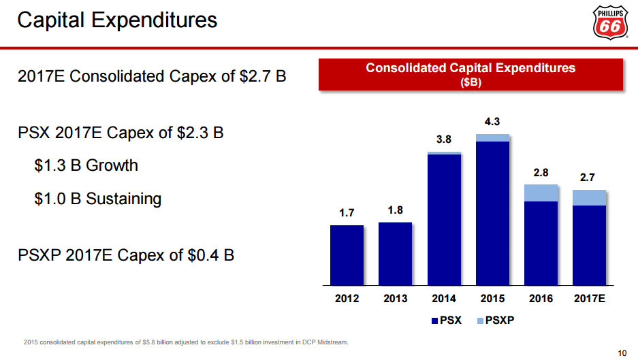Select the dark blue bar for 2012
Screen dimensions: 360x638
tap(347, 255)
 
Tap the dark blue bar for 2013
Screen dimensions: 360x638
tap(395, 254)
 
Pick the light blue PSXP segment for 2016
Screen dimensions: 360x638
tap(541, 193)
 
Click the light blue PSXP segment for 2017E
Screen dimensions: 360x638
tap(589, 197)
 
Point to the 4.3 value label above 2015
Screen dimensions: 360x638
tap(492, 122)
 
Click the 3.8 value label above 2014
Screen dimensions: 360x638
tap(444, 139)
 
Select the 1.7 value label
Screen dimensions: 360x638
tap(347, 213)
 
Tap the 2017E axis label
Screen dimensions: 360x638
tap(589, 299)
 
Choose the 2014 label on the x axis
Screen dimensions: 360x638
tap(444, 299)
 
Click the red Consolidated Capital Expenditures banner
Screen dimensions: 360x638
tap(470, 73)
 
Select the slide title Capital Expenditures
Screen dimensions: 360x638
tap(117, 20)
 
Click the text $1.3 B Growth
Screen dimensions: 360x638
tap(86, 165)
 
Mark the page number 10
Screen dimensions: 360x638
tap(621, 352)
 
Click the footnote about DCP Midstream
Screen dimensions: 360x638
tap(185, 342)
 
